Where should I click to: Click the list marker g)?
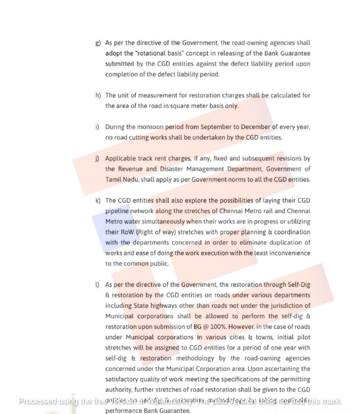97,43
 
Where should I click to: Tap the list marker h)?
98,96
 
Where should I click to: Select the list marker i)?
97,127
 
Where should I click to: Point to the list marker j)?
97,158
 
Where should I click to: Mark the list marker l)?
97,285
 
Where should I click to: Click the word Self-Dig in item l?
299,285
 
